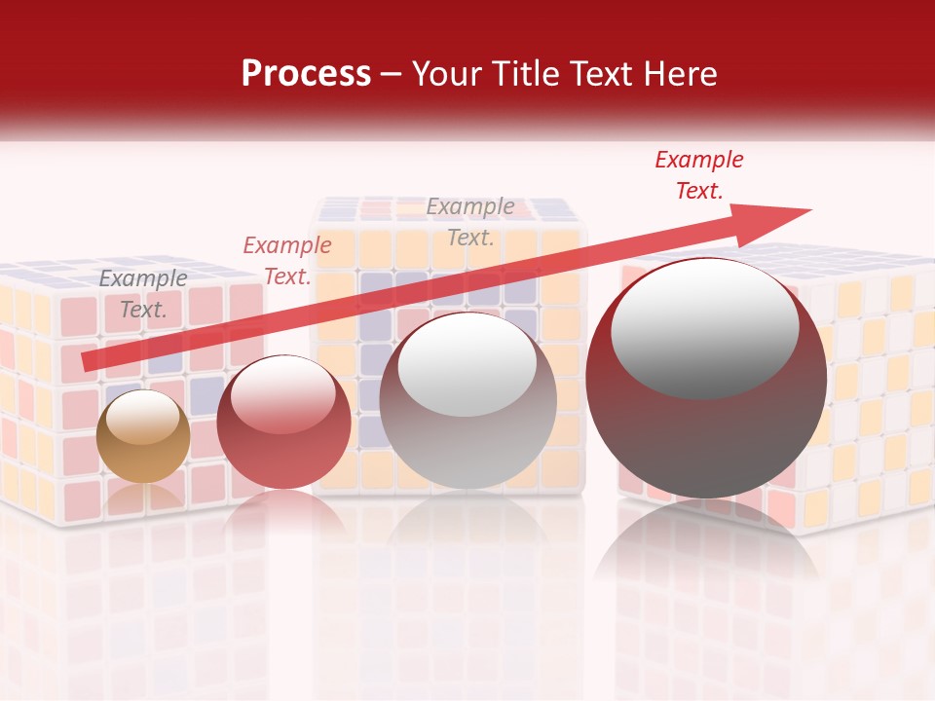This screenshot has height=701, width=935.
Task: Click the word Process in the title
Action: (x=306, y=74)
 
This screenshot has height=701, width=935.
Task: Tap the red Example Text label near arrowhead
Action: (x=698, y=175)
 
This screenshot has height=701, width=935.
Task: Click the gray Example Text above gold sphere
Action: (x=143, y=293)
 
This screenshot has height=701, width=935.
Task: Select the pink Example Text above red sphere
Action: (x=287, y=261)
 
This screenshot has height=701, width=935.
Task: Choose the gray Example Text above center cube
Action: (x=470, y=221)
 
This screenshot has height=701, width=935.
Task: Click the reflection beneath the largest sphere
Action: (x=706, y=545)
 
